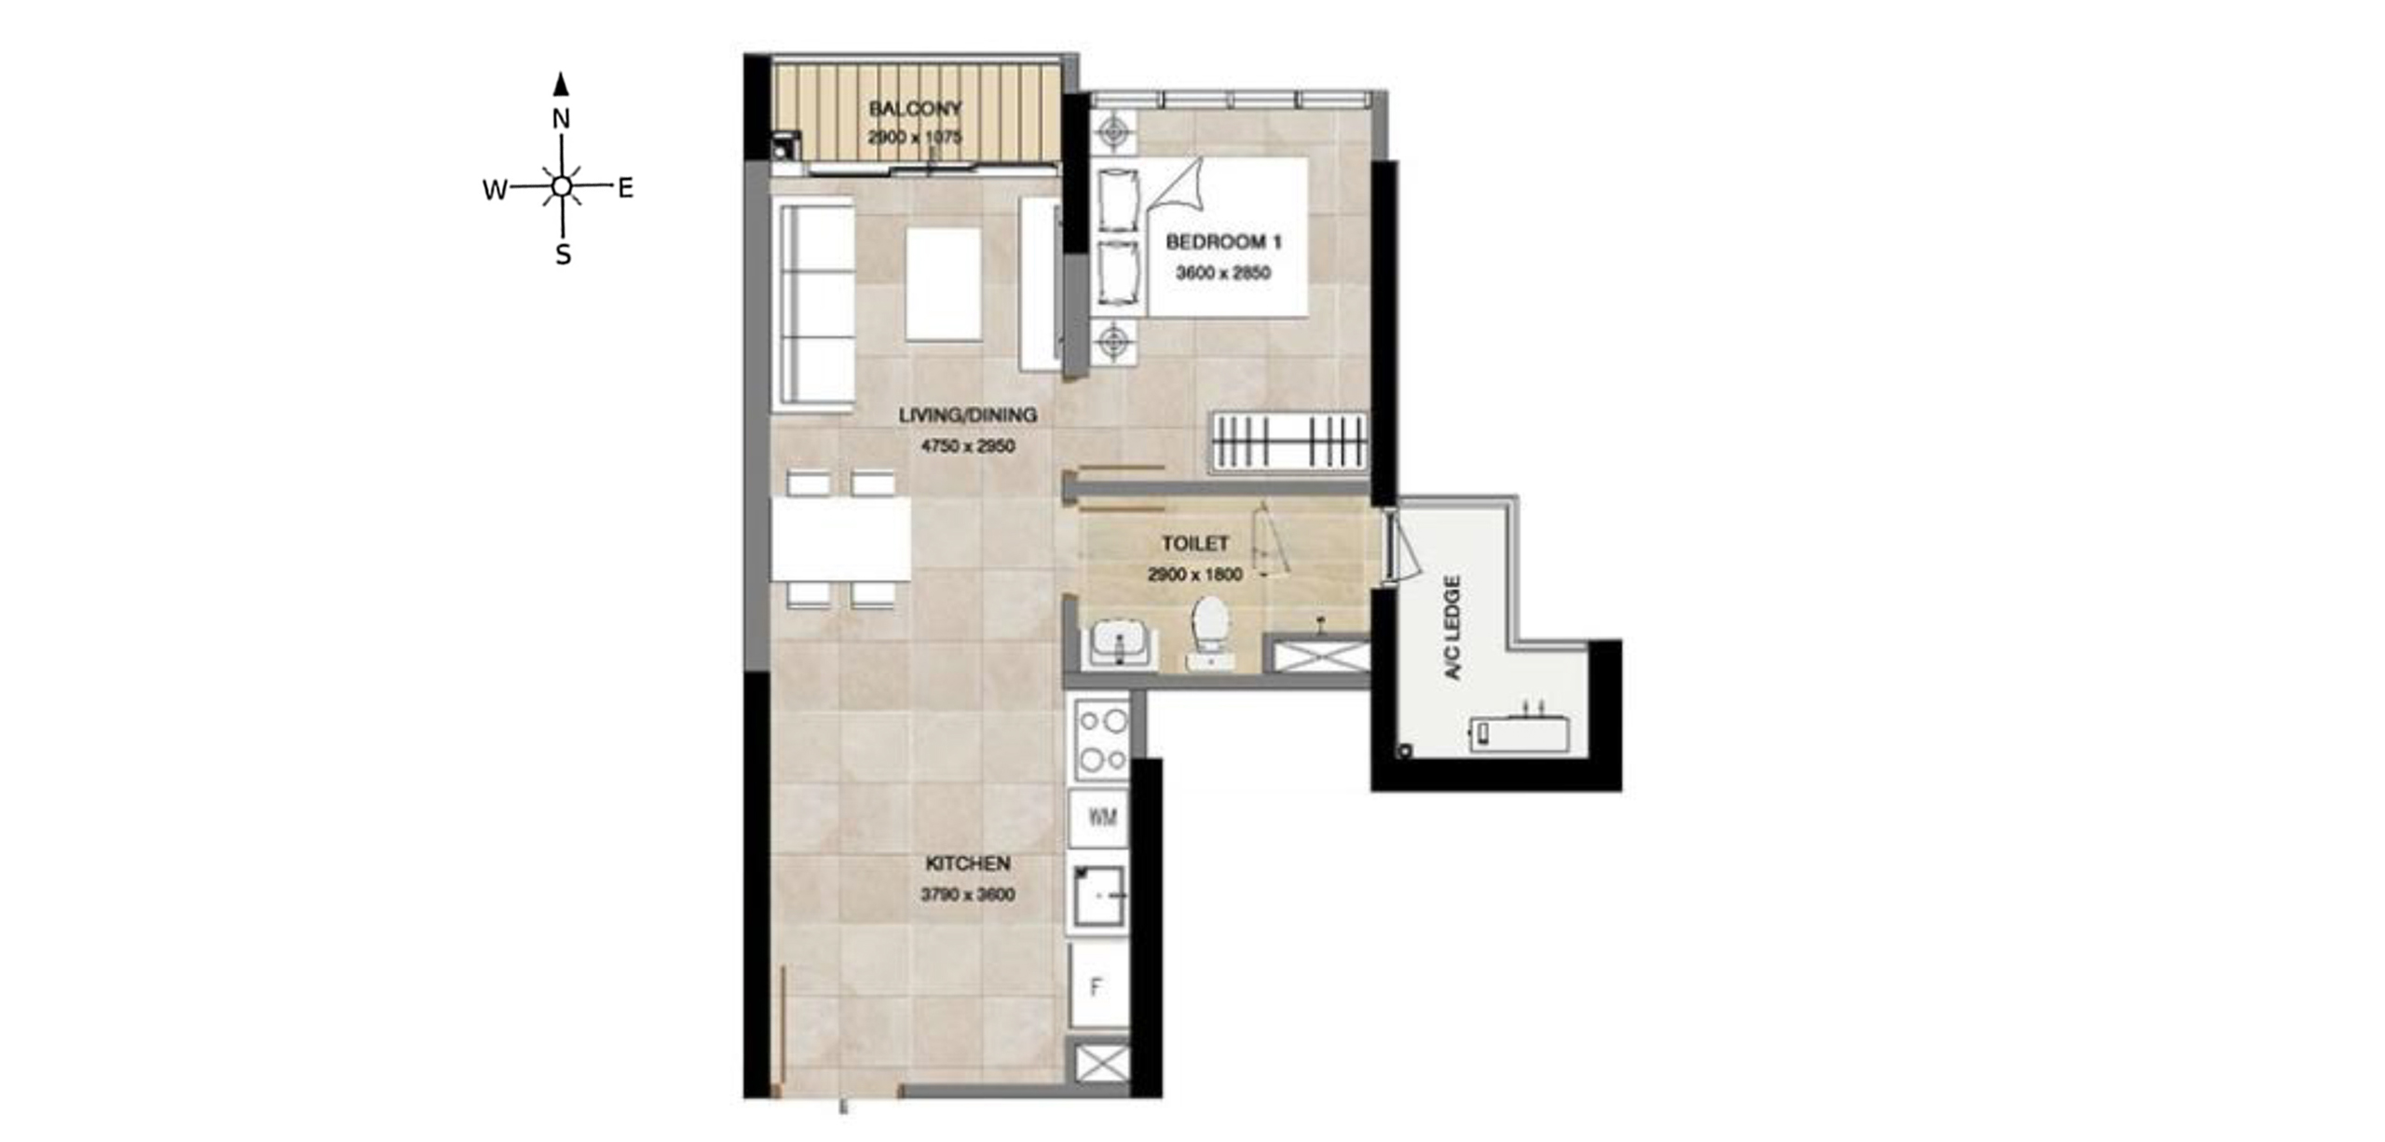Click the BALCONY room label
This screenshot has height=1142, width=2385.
coord(915,108)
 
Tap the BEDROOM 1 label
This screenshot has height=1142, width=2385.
coord(1223,242)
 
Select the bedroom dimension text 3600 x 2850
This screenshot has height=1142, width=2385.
coord(1223,273)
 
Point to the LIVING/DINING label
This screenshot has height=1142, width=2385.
coord(968,415)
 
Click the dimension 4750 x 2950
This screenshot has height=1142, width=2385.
coord(968,446)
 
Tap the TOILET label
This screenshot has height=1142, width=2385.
coord(1195,543)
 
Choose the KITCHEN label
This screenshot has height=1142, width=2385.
coord(968,863)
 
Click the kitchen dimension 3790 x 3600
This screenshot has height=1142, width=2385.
coord(968,894)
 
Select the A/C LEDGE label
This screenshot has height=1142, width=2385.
coord(1451,627)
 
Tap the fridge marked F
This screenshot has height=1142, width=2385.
coord(1098,986)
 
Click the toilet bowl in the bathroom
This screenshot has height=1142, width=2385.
coord(1210,630)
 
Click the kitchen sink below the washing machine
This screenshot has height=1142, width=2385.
coord(1098,895)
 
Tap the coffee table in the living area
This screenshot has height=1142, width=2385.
coord(944,284)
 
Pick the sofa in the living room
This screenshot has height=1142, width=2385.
coord(813,305)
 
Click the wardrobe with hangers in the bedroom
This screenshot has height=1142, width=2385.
coord(1289,441)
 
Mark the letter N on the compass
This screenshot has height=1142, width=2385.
coord(561,119)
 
